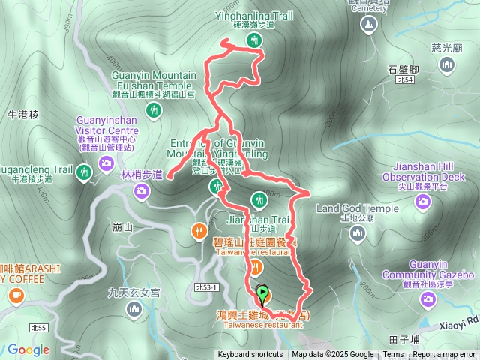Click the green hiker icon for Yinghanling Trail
pyautogui.click(x=254, y=41)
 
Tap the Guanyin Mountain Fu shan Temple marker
pyautogui.click(x=154, y=112)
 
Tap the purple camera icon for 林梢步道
pyautogui.click(x=142, y=193)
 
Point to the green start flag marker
pyautogui.click(x=262, y=292)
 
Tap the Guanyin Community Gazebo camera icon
pyautogui.click(x=428, y=299)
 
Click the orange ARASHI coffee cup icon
pyautogui.click(x=16, y=297)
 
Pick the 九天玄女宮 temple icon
pyautogui.click(x=134, y=308)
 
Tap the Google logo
pyautogui.click(x=28, y=349)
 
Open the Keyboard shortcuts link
pyautogui.click(x=250, y=355)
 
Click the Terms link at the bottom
pyautogui.click(x=393, y=355)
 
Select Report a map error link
pyautogui.click(x=444, y=355)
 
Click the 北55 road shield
pyautogui.click(x=38, y=328)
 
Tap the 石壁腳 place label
pyautogui.click(x=403, y=69)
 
